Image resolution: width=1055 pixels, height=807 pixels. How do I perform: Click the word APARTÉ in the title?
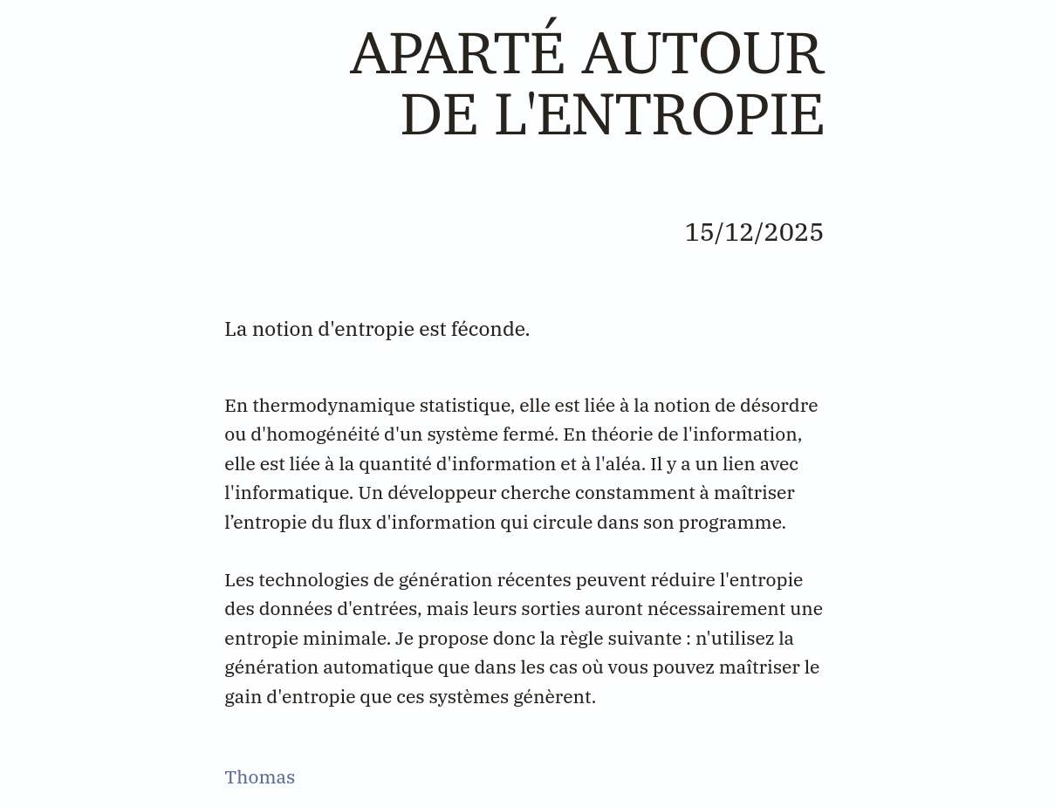tap(457, 54)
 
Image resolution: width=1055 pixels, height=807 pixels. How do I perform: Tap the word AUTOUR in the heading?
tap(702, 54)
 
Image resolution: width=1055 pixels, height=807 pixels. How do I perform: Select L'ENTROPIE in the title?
tap(659, 115)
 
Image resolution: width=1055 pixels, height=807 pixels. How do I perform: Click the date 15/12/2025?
tap(754, 232)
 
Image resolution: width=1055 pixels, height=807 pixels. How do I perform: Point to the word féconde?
tap(490, 329)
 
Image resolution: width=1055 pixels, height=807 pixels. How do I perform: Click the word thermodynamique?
tap(333, 406)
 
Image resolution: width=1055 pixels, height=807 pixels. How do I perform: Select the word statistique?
tap(466, 406)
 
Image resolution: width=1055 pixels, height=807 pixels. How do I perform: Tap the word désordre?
tap(778, 406)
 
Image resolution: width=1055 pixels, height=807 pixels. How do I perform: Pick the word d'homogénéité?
tap(315, 434)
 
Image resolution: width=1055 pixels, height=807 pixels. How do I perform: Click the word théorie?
tap(622, 434)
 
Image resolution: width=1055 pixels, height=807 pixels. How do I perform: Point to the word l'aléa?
tap(620, 464)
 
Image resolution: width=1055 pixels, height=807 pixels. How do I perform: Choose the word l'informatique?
tap(288, 493)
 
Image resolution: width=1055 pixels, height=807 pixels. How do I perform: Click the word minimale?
tap(346, 639)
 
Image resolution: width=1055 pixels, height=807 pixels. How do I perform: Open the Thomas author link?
tap(259, 777)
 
